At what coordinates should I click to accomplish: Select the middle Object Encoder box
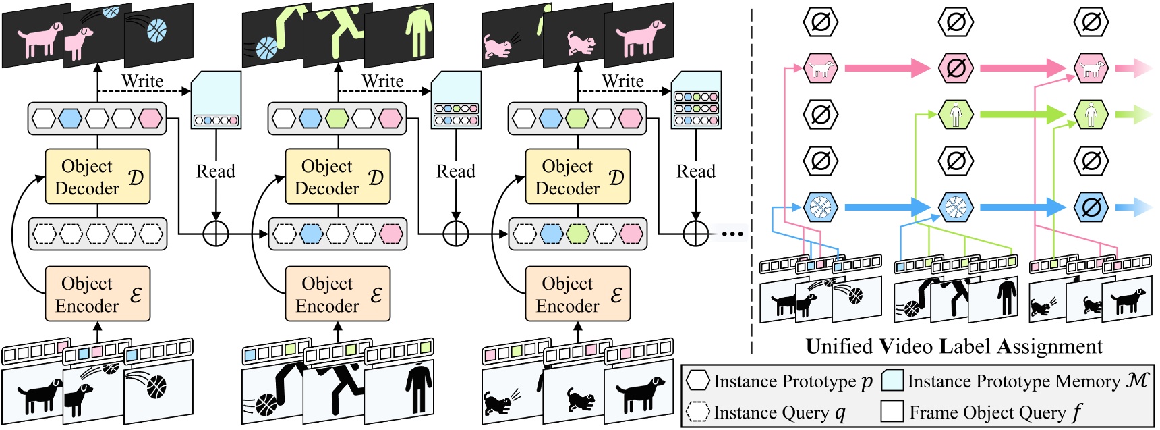tap(337, 294)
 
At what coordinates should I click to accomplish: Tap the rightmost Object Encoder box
tap(577, 294)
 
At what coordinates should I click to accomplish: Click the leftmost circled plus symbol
tap(216, 234)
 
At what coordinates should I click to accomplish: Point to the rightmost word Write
tap(622, 81)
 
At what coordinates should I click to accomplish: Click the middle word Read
tap(456, 171)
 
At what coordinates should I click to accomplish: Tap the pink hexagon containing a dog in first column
tap(821, 68)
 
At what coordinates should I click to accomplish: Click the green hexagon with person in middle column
tap(956, 114)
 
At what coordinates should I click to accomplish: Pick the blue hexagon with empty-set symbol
tap(1091, 207)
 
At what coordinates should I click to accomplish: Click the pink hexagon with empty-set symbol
tap(956, 68)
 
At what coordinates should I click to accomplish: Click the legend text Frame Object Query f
tap(995, 412)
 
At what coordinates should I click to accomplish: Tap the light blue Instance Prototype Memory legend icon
tap(892, 381)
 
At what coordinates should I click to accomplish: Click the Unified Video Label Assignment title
tap(954, 346)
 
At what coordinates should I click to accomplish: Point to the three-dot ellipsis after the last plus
tap(732, 234)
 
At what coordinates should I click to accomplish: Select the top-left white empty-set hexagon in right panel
tap(821, 22)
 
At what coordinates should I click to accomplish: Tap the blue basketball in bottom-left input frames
tap(156, 387)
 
